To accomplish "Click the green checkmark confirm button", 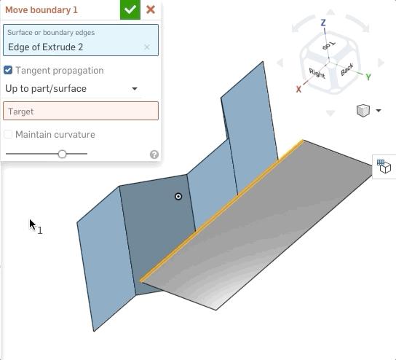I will pyautogui.click(x=130, y=9).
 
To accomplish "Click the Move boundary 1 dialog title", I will pyautogui.click(x=41, y=10).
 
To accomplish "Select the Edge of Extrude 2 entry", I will pyautogui.click(x=46, y=47).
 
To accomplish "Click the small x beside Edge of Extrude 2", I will pyautogui.click(x=147, y=47).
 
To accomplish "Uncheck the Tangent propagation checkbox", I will pyautogui.click(x=8, y=70).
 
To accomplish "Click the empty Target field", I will pyautogui.click(x=81, y=111).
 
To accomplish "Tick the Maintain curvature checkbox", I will pyautogui.click(x=8, y=134).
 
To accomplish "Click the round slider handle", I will pyautogui.click(x=63, y=154).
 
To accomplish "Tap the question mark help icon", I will pyautogui.click(x=154, y=154).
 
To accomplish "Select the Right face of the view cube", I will pyautogui.click(x=317, y=73).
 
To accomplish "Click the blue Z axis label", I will pyautogui.click(x=323, y=23).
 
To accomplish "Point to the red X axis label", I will pyautogui.click(x=298, y=89).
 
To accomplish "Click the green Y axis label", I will pyautogui.click(x=368, y=77).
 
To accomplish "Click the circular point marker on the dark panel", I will pyautogui.click(x=178, y=196).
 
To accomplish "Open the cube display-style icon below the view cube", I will pyautogui.click(x=363, y=111).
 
